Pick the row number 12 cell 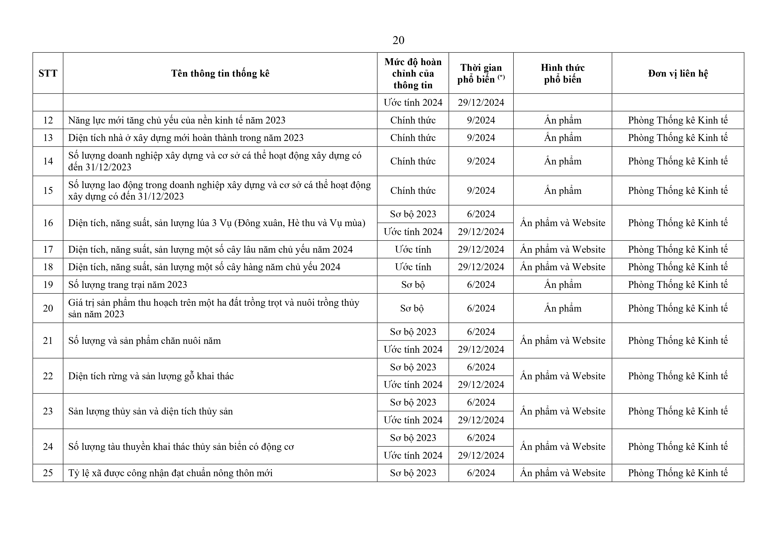(x=48, y=120)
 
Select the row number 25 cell (x=48, y=473)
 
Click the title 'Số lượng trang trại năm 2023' (x=128, y=285)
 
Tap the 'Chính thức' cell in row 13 (x=413, y=138)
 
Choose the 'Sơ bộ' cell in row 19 (x=413, y=285)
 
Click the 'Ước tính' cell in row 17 (x=413, y=250)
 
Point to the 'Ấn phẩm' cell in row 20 (x=562, y=308)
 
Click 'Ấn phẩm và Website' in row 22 (x=562, y=376)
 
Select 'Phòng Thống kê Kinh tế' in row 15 (x=678, y=191)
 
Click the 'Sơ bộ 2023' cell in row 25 (x=413, y=473)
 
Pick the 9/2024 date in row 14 (x=481, y=161)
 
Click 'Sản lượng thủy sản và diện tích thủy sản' (x=151, y=411)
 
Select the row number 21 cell (x=48, y=341)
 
